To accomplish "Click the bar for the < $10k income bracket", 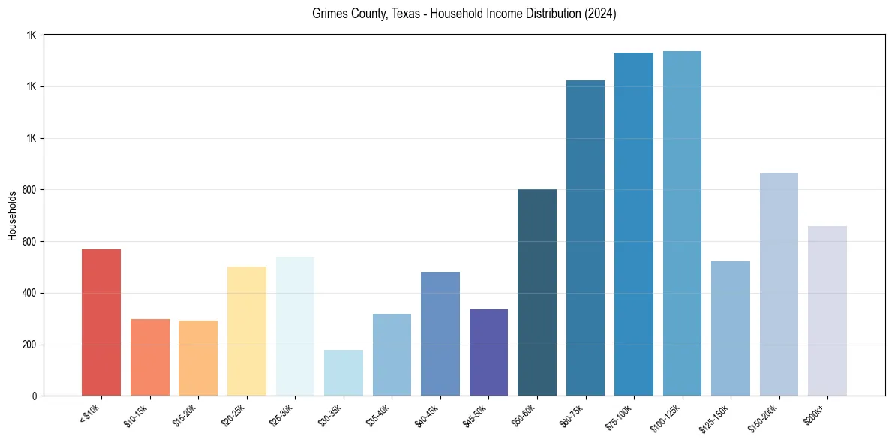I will pos(101,323).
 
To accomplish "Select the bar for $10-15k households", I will pos(150,357).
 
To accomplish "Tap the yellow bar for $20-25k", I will pos(247,331).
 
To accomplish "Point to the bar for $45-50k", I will pos(488,353).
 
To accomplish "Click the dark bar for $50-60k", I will pos(537,293).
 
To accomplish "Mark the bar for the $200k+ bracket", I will pos(827,311).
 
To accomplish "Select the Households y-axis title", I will pos(12,215).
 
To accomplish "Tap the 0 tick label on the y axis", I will pos(33,396).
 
